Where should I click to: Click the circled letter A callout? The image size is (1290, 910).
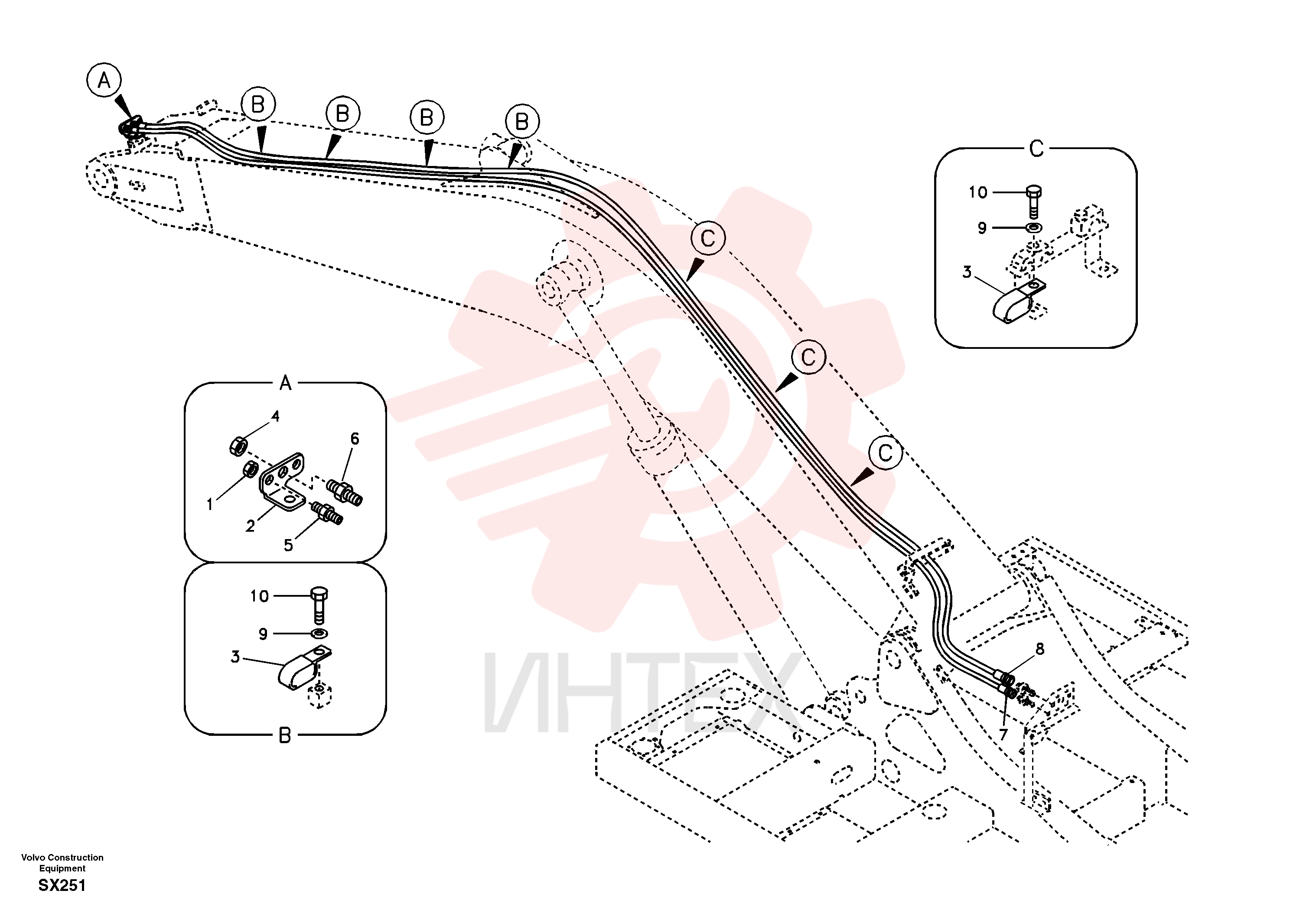[104, 80]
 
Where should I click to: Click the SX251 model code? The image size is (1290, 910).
[62, 886]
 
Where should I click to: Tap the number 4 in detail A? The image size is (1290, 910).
[275, 416]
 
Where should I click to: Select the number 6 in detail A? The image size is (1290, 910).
[355, 439]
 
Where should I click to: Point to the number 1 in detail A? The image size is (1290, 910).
[209, 504]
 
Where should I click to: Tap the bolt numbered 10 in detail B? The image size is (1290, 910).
[319, 605]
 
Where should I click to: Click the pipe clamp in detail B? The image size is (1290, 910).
[304, 669]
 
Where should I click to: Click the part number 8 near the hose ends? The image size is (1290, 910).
[1040, 650]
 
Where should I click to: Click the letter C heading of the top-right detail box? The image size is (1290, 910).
[1036, 149]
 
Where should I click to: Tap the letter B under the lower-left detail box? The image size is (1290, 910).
[285, 735]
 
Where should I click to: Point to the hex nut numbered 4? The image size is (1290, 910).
[239, 446]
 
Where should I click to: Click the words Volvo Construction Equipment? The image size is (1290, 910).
[62, 863]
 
